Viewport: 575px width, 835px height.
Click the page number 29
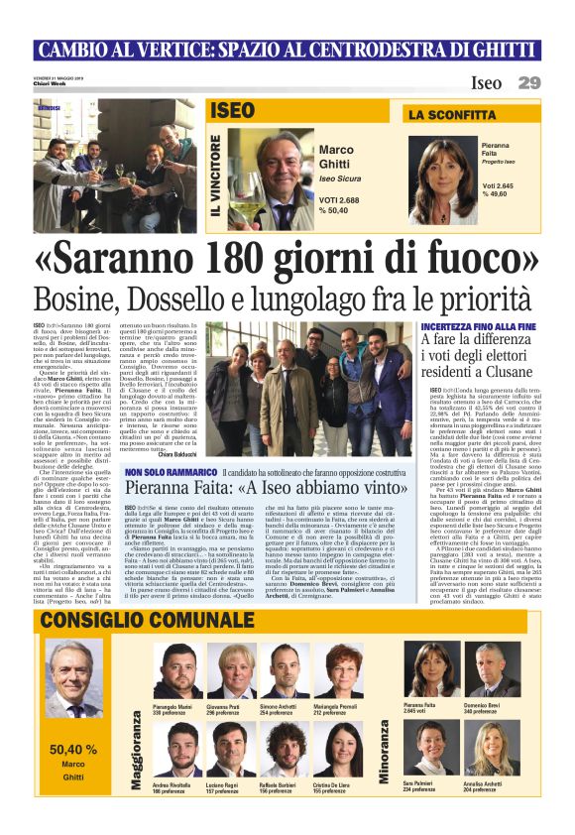tap(529, 82)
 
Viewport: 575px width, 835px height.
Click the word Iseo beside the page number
tap(486, 83)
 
